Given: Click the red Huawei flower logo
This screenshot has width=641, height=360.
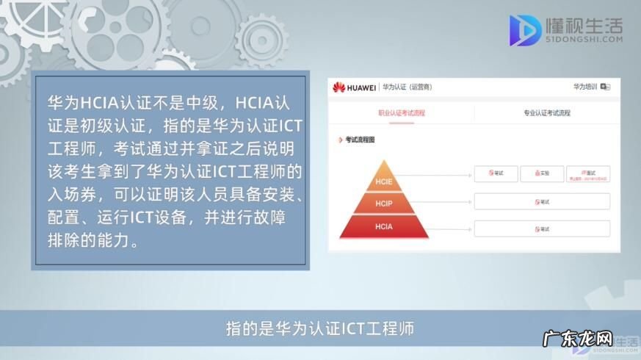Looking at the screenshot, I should tap(338, 87).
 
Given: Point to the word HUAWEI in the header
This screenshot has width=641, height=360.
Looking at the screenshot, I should tap(361, 87).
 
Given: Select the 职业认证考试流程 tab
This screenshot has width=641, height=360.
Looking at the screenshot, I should tap(402, 113).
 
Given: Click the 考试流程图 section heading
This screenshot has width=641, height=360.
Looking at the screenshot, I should tap(360, 139).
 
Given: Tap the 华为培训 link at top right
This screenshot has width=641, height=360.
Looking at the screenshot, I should tap(585, 87).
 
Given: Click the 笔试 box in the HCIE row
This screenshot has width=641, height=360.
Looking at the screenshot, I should tap(496, 174).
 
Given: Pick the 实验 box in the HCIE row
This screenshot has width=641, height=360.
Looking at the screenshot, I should tap(542, 174).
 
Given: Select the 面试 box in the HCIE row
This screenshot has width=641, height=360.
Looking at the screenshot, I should tap(587, 174).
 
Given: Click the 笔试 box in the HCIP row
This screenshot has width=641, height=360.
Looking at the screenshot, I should tap(542, 201).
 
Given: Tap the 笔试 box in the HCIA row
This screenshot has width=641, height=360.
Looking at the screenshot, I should tap(542, 228).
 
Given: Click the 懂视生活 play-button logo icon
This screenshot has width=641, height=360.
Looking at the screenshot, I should tap(525, 30).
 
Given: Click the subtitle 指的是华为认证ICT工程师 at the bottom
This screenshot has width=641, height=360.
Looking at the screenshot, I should tap(320, 328).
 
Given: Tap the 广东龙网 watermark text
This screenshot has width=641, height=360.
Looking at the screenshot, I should tap(576, 342).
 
